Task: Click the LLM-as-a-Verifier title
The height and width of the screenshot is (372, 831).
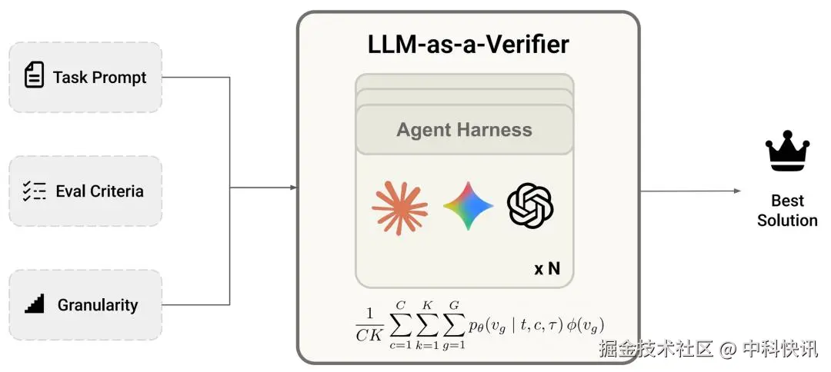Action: pyautogui.click(x=468, y=44)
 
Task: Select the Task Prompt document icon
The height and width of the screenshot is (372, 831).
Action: pyautogui.click(x=34, y=76)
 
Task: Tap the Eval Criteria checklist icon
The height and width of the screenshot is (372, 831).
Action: pyautogui.click(x=34, y=191)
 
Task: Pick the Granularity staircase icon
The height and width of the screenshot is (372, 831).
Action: pyautogui.click(x=34, y=304)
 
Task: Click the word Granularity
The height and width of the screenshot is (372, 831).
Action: pyautogui.click(x=98, y=305)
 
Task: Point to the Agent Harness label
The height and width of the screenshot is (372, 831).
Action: pyautogui.click(x=464, y=130)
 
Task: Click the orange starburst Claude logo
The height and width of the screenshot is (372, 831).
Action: pyautogui.click(x=399, y=206)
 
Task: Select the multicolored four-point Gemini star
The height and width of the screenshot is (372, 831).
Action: pyautogui.click(x=468, y=206)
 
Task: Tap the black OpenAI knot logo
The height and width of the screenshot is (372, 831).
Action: pyautogui.click(x=531, y=206)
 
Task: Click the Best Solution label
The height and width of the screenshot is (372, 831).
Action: pyautogui.click(x=786, y=211)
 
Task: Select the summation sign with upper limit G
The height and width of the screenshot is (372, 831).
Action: pyautogui.click(x=455, y=324)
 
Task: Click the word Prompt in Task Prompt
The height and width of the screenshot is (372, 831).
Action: pyautogui.click(x=119, y=77)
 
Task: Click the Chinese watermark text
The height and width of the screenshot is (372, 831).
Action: pyautogui.click(x=708, y=350)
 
